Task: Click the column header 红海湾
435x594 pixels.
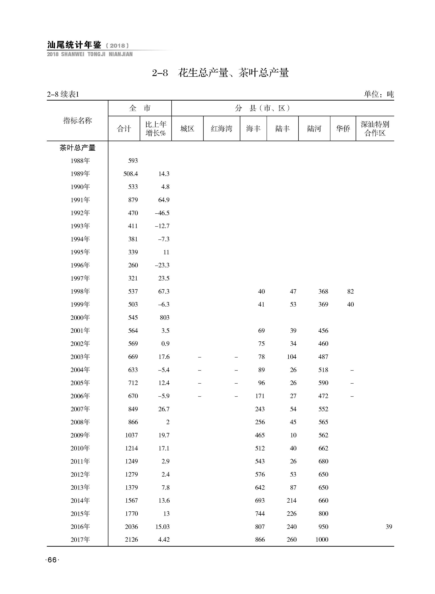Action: [221, 129]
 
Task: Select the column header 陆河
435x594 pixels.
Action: [314, 129]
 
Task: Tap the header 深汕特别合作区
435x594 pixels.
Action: [375, 129]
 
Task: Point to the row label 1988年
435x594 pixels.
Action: [80, 161]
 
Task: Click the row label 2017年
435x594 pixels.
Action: [80, 540]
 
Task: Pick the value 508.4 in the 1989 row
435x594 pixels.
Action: [131, 174]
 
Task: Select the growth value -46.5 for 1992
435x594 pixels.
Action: [162, 213]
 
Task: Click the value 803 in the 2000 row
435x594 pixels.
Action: [165, 318]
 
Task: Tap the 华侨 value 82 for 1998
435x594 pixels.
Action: [350, 291]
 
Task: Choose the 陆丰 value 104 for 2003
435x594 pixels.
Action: [291, 357]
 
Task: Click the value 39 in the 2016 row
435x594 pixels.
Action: [389, 527]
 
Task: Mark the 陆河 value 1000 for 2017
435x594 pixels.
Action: [322, 540]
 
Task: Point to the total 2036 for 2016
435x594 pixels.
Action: [131, 527]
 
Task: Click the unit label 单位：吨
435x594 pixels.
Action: [379, 94]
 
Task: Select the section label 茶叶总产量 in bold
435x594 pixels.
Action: [77, 148]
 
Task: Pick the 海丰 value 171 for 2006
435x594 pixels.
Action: [260, 396]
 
